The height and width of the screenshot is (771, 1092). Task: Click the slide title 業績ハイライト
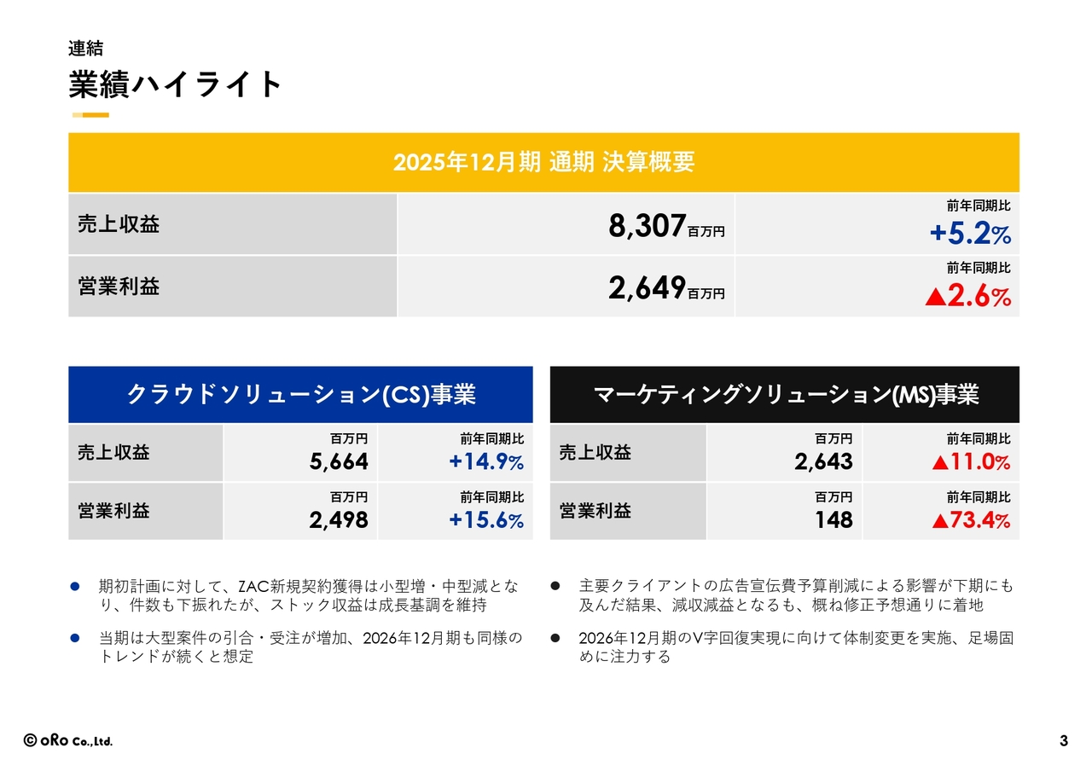pyautogui.click(x=175, y=84)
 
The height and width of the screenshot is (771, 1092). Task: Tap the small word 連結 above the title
pyautogui.click(x=85, y=49)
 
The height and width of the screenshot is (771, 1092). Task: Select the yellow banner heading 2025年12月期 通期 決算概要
pyautogui.click(x=543, y=162)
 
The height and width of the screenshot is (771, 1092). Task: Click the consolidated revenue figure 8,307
pyautogui.click(x=647, y=226)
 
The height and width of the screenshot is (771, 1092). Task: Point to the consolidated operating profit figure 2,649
pyautogui.click(x=647, y=288)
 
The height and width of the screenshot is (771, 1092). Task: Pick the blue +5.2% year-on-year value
pyautogui.click(x=969, y=234)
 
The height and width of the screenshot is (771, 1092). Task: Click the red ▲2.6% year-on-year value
pyautogui.click(x=967, y=296)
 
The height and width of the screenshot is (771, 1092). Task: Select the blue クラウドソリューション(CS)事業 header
pyautogui.click(x=300, y=395)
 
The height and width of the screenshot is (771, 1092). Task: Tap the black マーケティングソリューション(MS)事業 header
pyautogui.click(x=784, y=395)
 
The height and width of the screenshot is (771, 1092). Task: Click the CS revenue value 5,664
pyautogui.click(x=339, y=462)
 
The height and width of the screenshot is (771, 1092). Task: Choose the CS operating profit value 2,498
pyautogui.click(x=339, y=520)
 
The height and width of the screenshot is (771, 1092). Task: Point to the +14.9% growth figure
pyautogui.click(x=486, y=462)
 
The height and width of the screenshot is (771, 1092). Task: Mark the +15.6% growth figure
pyautogui.click(x=486, y=520)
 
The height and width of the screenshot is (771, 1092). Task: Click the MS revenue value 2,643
pyautogui.click(x=823, y=462)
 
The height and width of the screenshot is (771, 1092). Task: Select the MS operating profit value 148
pyautogui.click(x=834, y=520)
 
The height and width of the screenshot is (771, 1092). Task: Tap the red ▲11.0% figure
pyautogui.click(x=971, y=462)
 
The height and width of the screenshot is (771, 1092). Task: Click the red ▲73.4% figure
pyautogui.click(x=971, y=520)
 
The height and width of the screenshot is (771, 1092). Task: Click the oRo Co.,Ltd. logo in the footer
pyautogui.click(x=68, y=741)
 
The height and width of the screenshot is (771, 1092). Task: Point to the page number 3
pyautogui.click(x=1063, y=741)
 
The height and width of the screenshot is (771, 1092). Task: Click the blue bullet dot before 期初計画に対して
pyautogui.click(x=74, y=587)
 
